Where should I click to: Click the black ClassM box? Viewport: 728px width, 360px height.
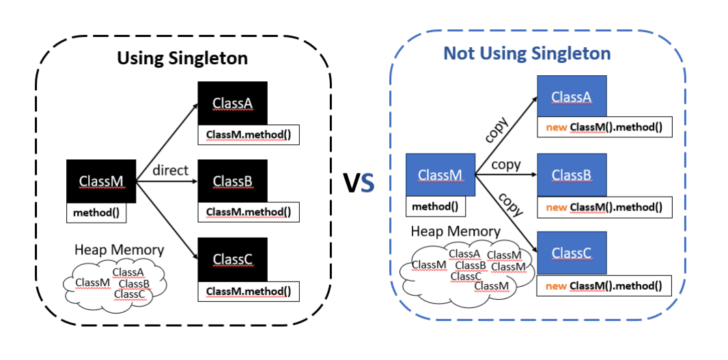pyautogui.click(x=101, y=181)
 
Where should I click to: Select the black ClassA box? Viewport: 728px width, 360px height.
pyautogui.click(x=232, y=103)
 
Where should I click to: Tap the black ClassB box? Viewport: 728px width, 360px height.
pyautogui.click(x=232, y=181)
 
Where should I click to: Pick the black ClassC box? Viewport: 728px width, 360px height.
pyautogui.click(x=232, y=259)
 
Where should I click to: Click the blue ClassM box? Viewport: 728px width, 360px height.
pyautogui.click(x=440, y=175)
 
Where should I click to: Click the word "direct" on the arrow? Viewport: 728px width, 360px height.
pyautogui.click(x=170, y=170)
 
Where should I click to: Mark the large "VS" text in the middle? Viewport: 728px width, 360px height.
pyautogui.click(x=359, y=182)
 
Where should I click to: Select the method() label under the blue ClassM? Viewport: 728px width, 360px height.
pyautogui.click(x=436, y=206)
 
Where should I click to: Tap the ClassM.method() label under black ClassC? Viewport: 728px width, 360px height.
pyautogui.click(x=248, y=292)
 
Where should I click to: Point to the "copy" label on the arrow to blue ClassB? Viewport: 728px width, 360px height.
pyautogui.click(x=506, y=165)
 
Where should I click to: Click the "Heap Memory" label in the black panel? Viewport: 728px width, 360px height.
pyautogui.click(x=120, y=250)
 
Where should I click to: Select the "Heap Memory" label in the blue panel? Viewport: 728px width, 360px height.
pyautogui.click(x=456, y=232)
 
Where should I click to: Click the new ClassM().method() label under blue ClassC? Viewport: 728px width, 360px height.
pyautogui.click(x=604, y=286)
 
